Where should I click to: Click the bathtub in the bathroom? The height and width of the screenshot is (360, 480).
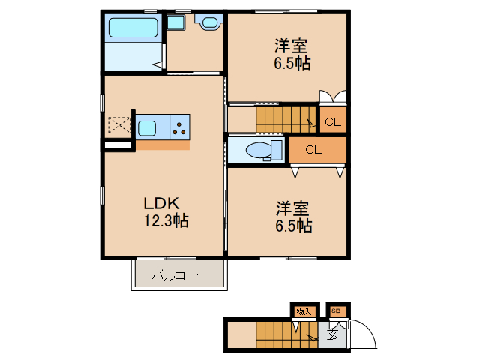coord(133,28)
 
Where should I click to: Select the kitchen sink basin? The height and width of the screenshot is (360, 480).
coord(146,127)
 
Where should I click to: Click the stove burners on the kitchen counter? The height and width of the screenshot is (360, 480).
coord(180,127)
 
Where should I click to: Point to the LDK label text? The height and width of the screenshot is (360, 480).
coord(160,204)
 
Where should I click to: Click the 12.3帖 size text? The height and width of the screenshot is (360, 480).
coord(166,221)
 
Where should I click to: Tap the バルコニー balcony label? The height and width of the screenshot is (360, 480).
coord(179,275)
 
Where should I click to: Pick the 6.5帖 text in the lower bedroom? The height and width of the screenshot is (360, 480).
coord(292,225)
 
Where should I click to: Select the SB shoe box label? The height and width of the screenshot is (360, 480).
coord(335,310)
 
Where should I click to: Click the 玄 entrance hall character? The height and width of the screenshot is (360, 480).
coord(333,335)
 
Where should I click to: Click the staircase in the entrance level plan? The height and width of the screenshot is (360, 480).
coord(285,334)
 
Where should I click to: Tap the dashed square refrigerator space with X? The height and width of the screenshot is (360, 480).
coord(118,125)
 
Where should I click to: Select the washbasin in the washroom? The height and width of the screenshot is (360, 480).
coord(208,22)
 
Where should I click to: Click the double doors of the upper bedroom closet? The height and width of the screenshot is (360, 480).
coord(334,97)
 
